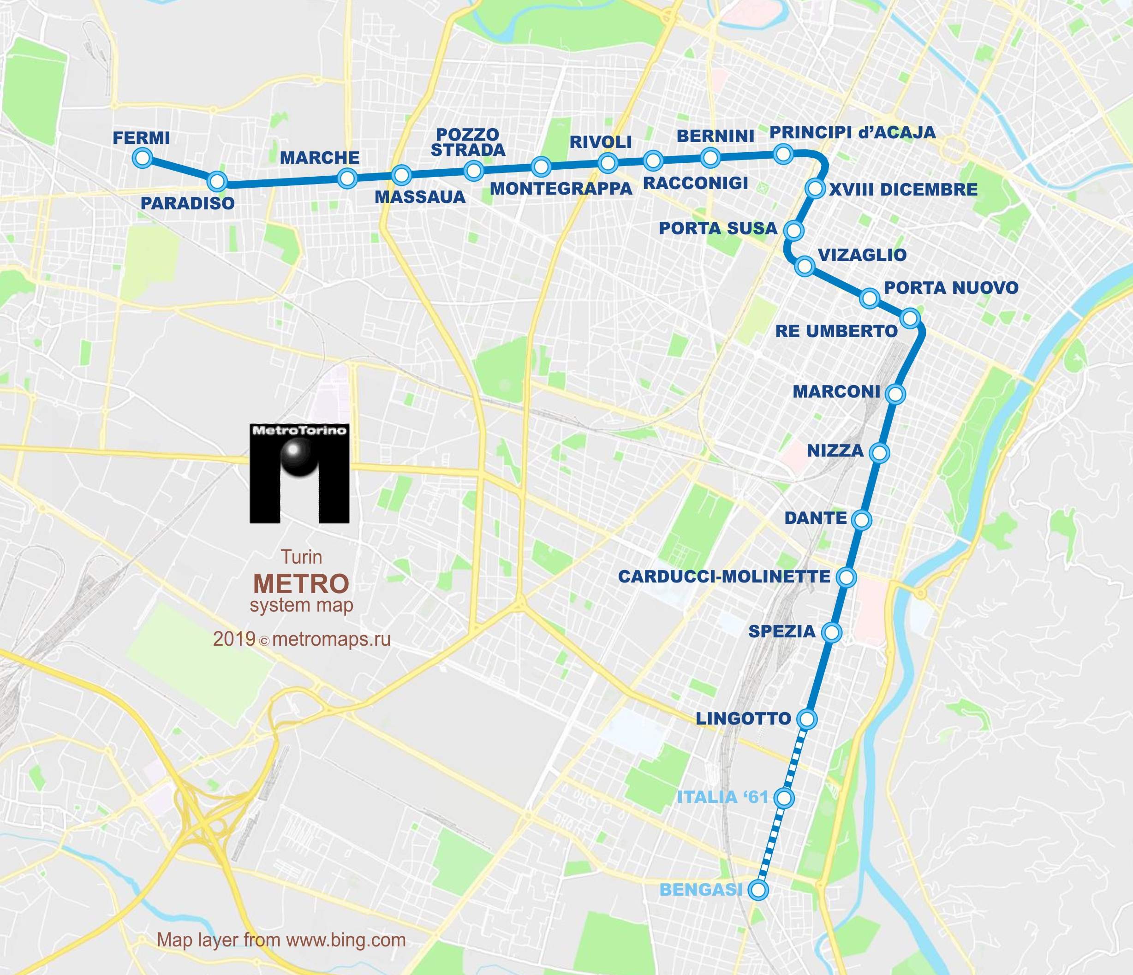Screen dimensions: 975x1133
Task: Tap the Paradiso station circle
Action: [x=218, y=180]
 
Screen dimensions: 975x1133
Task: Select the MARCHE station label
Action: [x=319, y=158]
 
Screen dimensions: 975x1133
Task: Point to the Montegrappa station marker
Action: [x=541, y=165]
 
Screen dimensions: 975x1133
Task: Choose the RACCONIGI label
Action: [x=696, y=183]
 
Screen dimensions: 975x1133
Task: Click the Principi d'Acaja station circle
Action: [x=784, y=154]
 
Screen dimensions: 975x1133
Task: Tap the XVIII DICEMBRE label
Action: [x=903, y=190]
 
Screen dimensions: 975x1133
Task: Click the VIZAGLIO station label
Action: [x=862, y=255]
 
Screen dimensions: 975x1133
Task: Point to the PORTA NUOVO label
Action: [x=951, y=288]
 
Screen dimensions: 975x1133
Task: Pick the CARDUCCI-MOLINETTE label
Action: [x=724, y=577]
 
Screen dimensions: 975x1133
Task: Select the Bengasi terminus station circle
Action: [x=758, y=890]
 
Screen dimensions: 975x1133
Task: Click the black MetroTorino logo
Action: [x=299, y=473]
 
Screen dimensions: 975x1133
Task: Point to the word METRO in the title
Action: [x=301, y=584]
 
